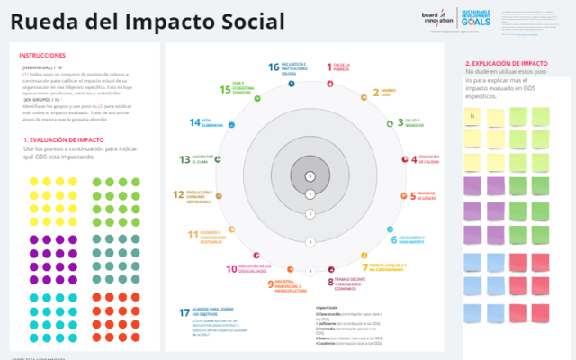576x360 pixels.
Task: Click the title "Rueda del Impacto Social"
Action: [148, 22]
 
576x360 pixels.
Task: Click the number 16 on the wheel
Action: [274, 67]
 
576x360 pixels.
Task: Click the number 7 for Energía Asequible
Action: [365, 267]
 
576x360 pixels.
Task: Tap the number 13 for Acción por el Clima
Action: [184, 160]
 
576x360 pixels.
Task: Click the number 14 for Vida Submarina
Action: [193, 122]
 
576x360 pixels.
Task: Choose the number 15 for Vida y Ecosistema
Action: [225, 89]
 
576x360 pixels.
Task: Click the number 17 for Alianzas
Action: [184, 312]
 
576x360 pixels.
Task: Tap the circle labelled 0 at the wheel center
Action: [310, 176]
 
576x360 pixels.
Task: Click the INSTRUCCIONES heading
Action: [41, 56]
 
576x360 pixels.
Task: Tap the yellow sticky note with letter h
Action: [473, 116]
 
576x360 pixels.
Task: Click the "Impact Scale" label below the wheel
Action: [326, 307]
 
